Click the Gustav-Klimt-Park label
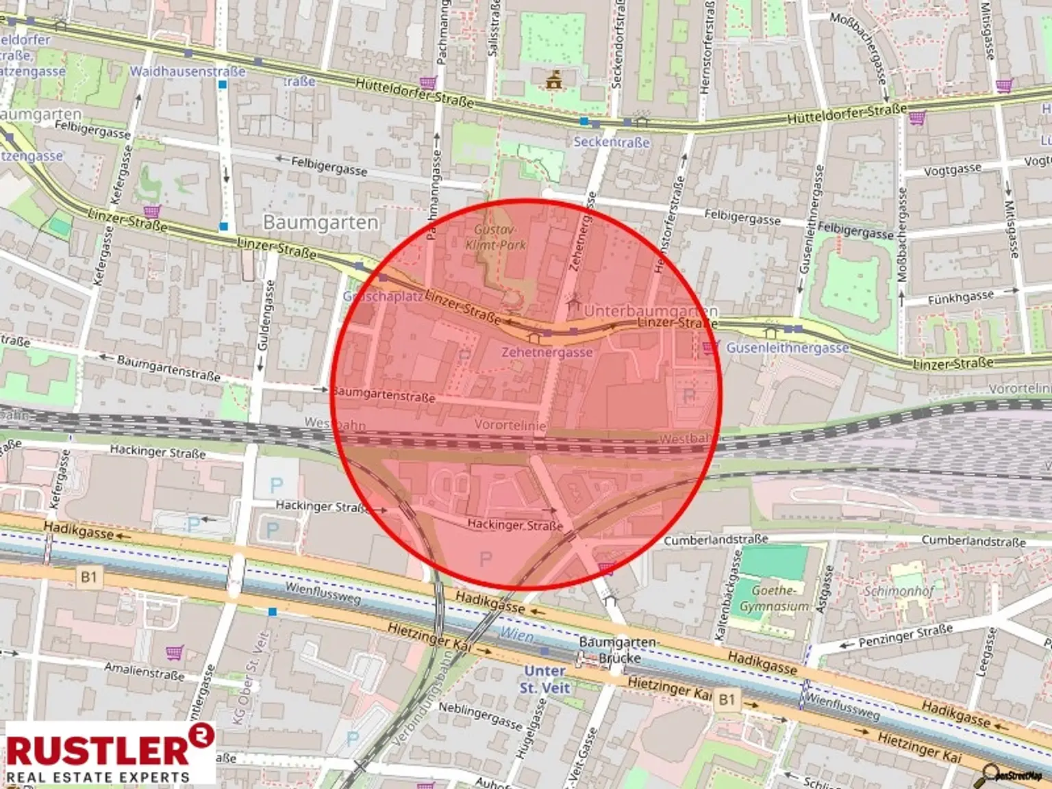(x=496, y=237)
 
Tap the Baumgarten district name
(x=321, y=223)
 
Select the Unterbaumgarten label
(x=650, y=311)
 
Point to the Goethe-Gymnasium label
(x=774, y=598)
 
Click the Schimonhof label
(x=899, y=590)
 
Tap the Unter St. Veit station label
(x=545, y=679)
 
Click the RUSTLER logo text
(x=99, y=749)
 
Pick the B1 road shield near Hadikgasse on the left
(x=89, y=577)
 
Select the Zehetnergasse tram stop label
(x=547, y=352)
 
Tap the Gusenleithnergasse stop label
(x=788, y=348)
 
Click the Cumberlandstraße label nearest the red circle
(x=715, y=540)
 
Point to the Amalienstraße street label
(x=144, y=671)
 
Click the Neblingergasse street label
(x=479, y=716)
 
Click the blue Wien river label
(x=516, y=634)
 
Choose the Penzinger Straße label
(x=905, y=636)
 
